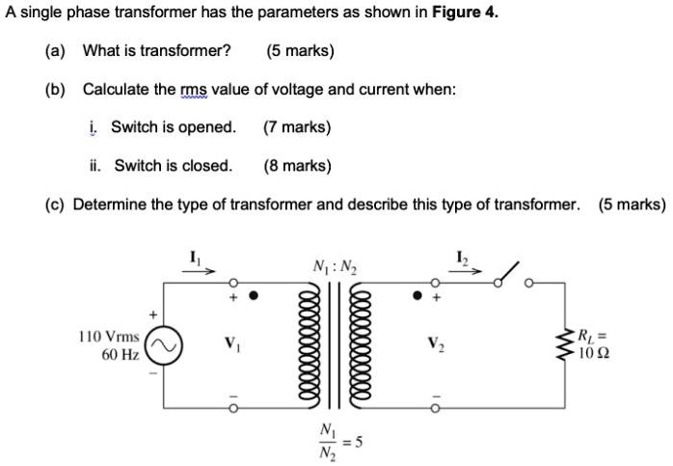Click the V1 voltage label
click(230, 342)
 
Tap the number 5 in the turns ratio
click(359, 442)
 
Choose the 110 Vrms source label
click(107, 338)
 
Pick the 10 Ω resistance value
click(593, 354)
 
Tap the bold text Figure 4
click(466, 14)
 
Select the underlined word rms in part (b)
click(194, 89)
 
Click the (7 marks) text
click(296, 126)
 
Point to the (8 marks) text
click(296, 165)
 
